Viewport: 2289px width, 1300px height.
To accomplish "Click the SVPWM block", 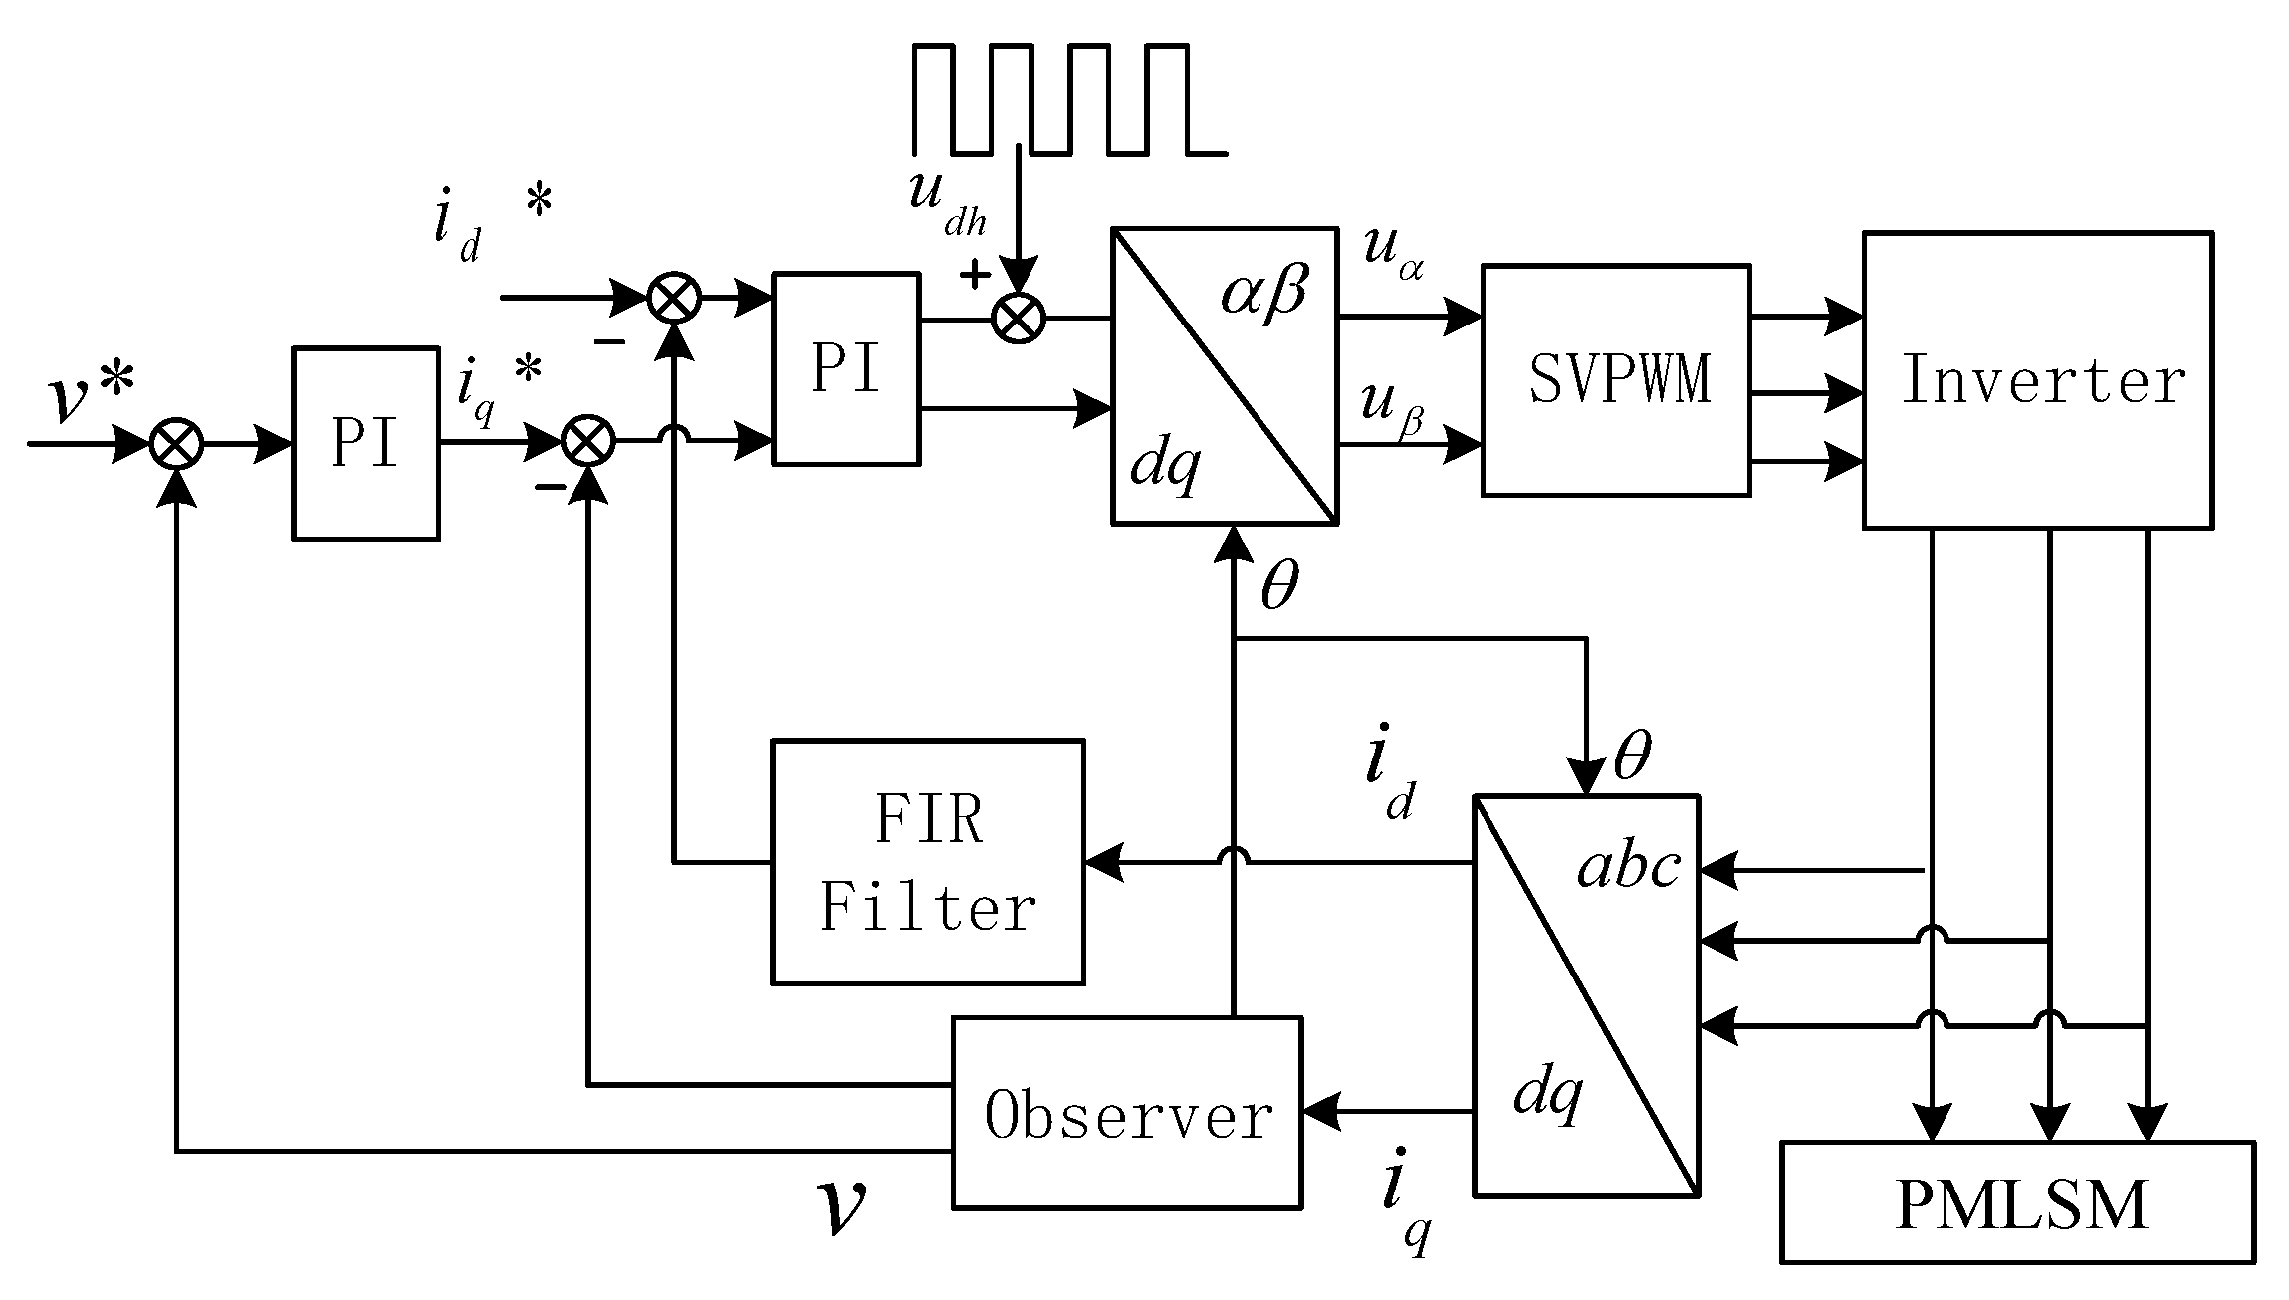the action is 1615,379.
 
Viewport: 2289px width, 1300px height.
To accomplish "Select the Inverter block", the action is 2038,379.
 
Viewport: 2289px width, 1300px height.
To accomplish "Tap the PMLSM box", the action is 2017,1202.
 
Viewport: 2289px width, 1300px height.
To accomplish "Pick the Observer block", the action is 1127,1113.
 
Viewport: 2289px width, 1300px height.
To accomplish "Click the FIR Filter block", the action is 928,862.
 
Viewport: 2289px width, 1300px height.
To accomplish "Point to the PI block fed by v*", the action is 365,443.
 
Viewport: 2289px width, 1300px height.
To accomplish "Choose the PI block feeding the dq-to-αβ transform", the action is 845,369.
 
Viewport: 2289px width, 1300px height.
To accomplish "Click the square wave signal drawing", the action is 1068,100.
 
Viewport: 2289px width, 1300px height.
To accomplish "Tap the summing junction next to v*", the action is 176,444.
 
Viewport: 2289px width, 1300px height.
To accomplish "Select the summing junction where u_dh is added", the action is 1019,319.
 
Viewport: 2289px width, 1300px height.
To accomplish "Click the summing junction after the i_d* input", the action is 674,298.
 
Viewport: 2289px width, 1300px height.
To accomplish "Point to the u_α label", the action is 1393,256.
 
